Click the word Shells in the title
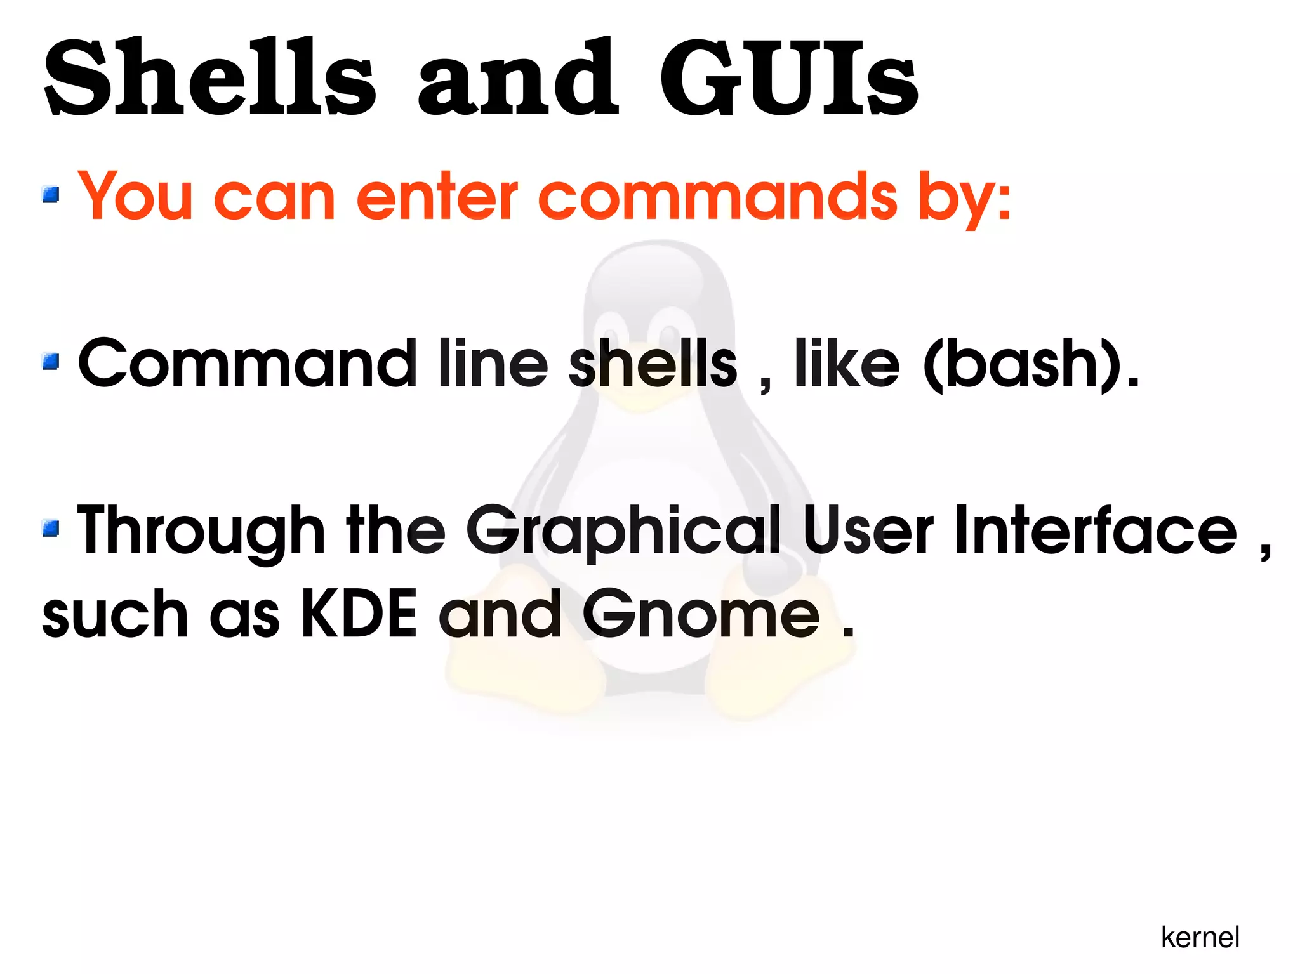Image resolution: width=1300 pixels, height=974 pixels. [x=209, y=79]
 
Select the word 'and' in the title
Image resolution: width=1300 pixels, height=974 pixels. [x=517, y=79]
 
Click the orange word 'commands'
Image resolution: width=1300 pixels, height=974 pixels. [x=717, y=197]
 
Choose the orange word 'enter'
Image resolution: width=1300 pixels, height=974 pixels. [x=437, y=197]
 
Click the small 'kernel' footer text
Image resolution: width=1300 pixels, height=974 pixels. [x=1200, y=937]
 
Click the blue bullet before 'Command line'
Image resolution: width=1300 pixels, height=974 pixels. [x=51, y=362]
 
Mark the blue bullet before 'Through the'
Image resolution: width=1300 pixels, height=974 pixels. [x=51, y=528]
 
